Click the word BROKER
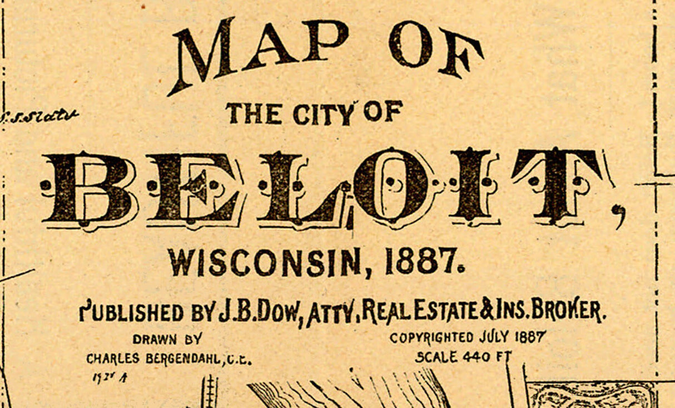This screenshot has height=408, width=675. tap(567, 311)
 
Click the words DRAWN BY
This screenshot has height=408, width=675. tap(167, 339)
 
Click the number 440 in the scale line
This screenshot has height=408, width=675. tap(476, 357)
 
